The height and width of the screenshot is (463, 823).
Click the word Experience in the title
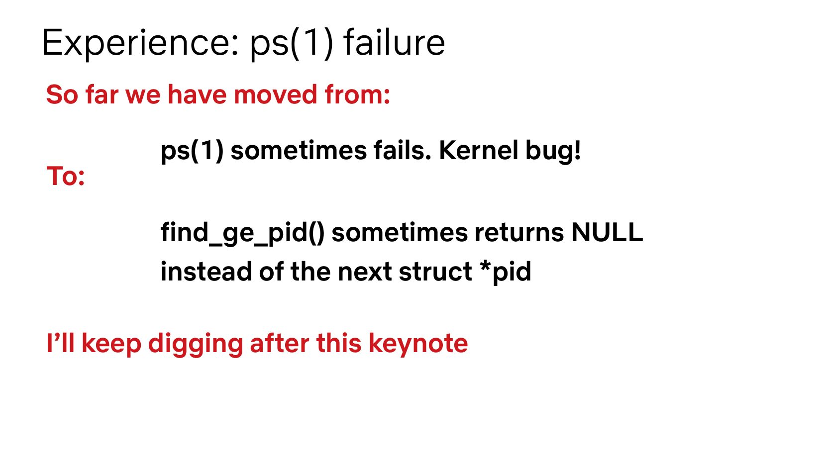[x=141, y=43]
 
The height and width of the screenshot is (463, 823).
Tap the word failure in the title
[x=394, y=43]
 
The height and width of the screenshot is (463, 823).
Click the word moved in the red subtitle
[x=275, y=94]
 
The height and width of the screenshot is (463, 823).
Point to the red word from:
[x=357, y=94]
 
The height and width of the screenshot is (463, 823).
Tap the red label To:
[x=66, y=176]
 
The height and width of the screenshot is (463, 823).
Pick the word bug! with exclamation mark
[x=553, y=151]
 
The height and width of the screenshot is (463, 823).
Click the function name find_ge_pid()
[x=242, y=233]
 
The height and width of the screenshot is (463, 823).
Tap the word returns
[x=519, y=233]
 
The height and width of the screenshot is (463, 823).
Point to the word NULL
[x=608, y=232]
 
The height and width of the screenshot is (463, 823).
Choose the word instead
[x=206, y=272]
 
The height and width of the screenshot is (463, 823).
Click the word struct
[x=435, y=272]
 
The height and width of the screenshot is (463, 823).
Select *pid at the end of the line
[x=506, y=273]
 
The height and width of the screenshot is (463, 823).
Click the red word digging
[x=196, y=345]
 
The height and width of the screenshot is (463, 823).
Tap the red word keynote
[x=418, y=345]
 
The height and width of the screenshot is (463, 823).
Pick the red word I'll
[x=61, y=343]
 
